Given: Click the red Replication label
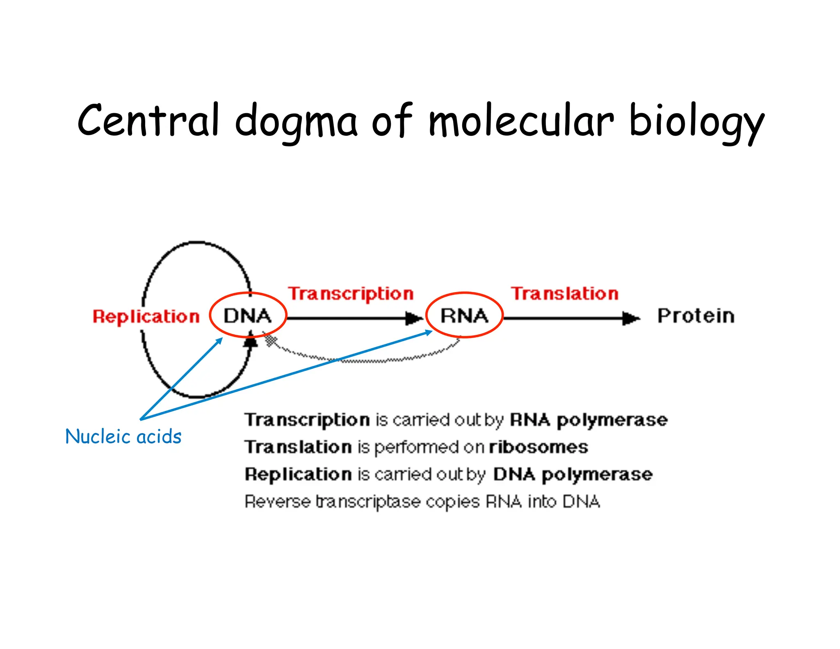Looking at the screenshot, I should (x=146, y=316).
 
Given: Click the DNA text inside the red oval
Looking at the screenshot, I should (x=247, y=316).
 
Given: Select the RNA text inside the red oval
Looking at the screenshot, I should (x=464, y=316).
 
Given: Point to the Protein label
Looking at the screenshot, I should (x=696, y=316).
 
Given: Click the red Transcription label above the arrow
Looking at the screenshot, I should (x=351, y=294).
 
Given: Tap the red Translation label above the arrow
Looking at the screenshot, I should (x=564, y=294).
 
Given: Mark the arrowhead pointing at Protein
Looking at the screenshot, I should (x=631, y=318).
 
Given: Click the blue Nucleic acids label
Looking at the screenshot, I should (x=123, y=436).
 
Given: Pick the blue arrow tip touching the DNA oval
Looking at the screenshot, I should (x=220, y=340).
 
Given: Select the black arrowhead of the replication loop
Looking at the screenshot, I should (x=251, y=341).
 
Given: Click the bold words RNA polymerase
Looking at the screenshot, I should (x=589, y=420).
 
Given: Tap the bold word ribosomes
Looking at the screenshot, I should (x=538, y=447).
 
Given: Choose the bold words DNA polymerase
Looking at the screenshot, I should (x=573, y=474).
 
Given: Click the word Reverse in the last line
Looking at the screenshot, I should (x=277, y=501).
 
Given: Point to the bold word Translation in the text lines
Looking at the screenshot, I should (x=298, y=447).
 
